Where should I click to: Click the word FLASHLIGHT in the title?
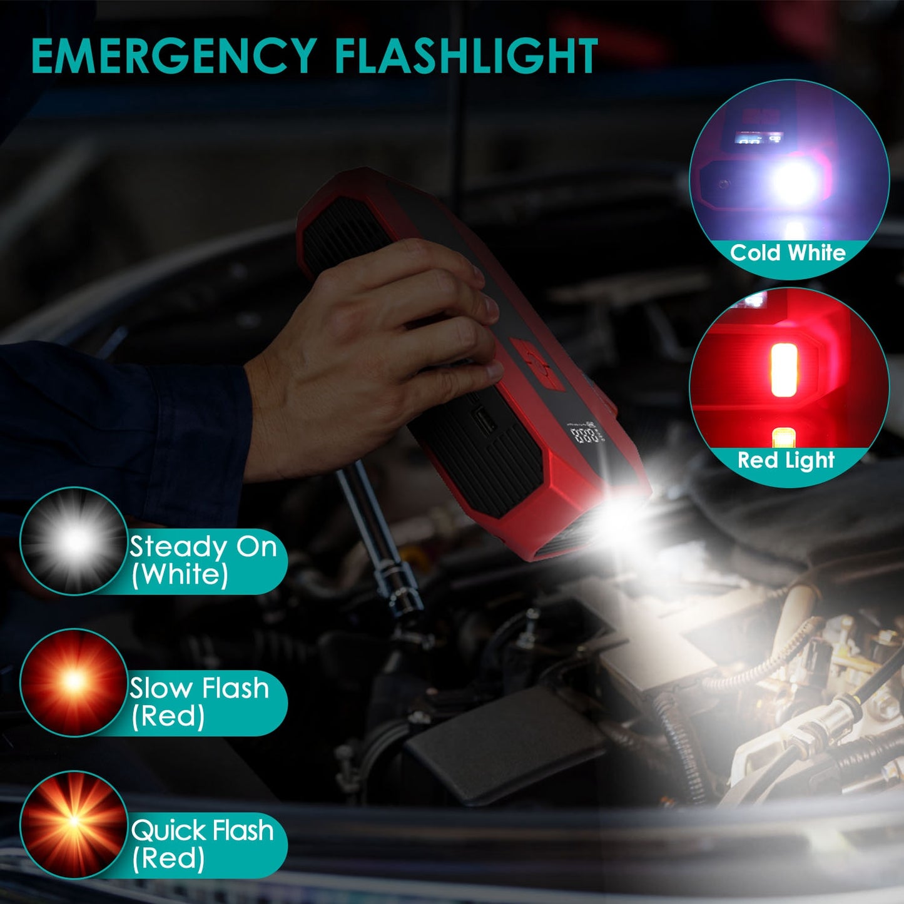coord(465,56)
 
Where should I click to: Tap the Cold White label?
coord(787,253)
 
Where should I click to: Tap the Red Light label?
coord(786,460)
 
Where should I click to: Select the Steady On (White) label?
coord(203,561)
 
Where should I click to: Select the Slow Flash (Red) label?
coord(199,702)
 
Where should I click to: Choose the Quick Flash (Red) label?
coord(202,844)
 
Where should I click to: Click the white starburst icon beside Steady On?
coord(74,541)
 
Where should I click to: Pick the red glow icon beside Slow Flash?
coord(74,683)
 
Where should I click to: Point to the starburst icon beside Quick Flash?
coord(74,824)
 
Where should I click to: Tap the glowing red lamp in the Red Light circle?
coord(784,370)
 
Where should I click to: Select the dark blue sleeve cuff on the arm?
coord(206,425)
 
